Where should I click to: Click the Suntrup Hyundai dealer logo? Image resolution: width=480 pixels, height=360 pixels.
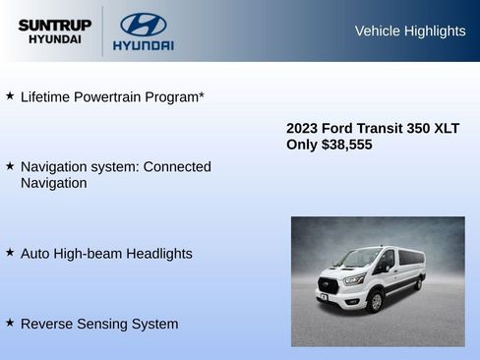[x=55, y=31]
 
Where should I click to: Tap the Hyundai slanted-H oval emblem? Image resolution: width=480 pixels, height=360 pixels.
[x=143, y=24]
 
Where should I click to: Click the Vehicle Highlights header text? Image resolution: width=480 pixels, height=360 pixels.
[x=410, y=30]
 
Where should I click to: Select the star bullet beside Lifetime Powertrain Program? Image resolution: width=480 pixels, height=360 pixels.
[x=10, y=96]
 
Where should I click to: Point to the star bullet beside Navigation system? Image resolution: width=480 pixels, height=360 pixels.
[x=10, y=166]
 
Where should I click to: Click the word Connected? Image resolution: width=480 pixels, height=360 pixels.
[x=177, y=166]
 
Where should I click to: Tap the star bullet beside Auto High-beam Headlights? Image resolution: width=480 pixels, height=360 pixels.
[x=10, y=253]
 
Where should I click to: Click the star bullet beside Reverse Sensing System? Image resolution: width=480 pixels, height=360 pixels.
[x=10, y=323]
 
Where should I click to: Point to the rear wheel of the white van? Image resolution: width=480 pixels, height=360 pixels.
[x=418, y=283]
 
